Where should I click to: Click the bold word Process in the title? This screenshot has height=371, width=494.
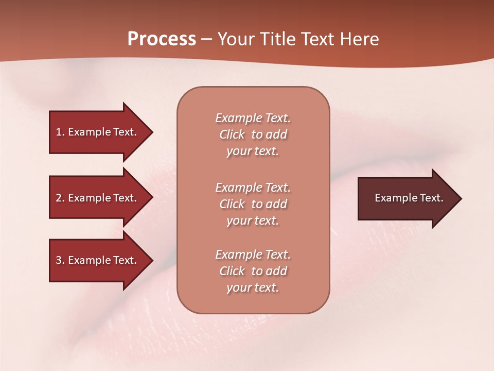coord(162,39)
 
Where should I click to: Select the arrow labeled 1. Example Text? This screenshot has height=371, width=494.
coord(98,132)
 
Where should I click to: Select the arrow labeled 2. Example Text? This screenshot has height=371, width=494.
coord(98,198)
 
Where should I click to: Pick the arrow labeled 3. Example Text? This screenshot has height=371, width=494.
coord(98,260)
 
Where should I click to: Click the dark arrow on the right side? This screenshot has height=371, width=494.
coord(407,198)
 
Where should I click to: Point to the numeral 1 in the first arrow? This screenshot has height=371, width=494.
coord(59,132)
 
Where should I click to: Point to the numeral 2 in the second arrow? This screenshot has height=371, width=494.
coord(59,198)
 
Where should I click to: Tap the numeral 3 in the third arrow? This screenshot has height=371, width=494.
coord(59,260)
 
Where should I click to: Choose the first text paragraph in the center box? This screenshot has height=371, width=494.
coord(253,134)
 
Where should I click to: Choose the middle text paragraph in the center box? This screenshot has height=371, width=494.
coord(253,204)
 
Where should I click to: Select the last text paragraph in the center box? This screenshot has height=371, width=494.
coord(253,271)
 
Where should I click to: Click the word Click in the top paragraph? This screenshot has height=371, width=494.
coord(232,134)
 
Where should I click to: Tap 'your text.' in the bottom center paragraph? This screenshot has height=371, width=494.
coord(253,288)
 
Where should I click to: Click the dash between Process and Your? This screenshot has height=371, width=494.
coord(206,40)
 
